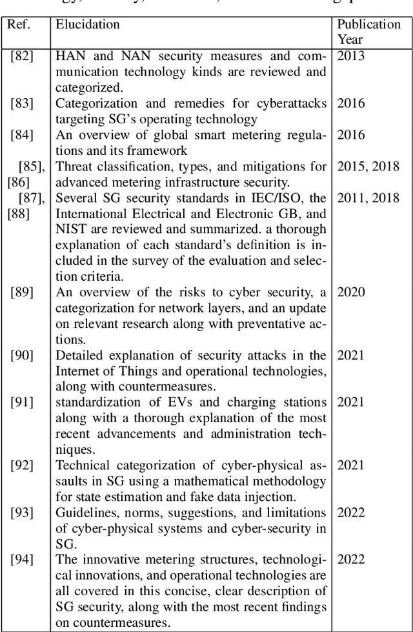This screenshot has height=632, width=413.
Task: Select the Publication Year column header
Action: tap(369, 32)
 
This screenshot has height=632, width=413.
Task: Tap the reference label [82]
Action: tap(21, 56)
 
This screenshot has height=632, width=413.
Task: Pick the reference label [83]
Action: tap(21, 103)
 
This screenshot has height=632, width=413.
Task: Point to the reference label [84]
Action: tap(21, 135)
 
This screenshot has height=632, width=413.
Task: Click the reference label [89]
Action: tap(21, 292)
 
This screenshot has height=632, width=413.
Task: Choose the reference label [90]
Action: tap(21, 355)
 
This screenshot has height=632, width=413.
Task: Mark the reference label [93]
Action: tap(21, 513)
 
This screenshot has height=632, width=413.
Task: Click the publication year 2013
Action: tap(351, 56)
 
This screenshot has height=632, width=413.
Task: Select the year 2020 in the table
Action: tap(351, 292)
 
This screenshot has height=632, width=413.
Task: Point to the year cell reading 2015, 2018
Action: tap(368, 167)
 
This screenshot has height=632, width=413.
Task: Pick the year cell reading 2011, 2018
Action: tap(368, 198)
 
